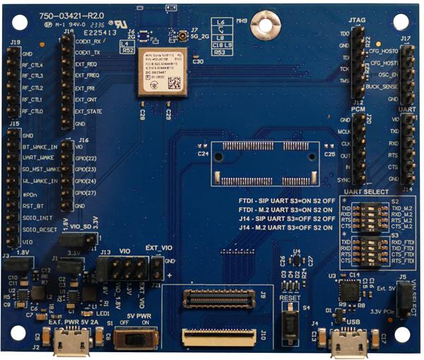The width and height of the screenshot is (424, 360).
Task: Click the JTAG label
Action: click(358, 25)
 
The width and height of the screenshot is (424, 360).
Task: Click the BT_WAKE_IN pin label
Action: click(40, 147)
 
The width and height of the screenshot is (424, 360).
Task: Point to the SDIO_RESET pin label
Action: click(42, 229)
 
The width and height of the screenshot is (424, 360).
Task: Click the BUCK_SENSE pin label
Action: click(383, 86)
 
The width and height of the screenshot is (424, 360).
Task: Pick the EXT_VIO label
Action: click(160, 248)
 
